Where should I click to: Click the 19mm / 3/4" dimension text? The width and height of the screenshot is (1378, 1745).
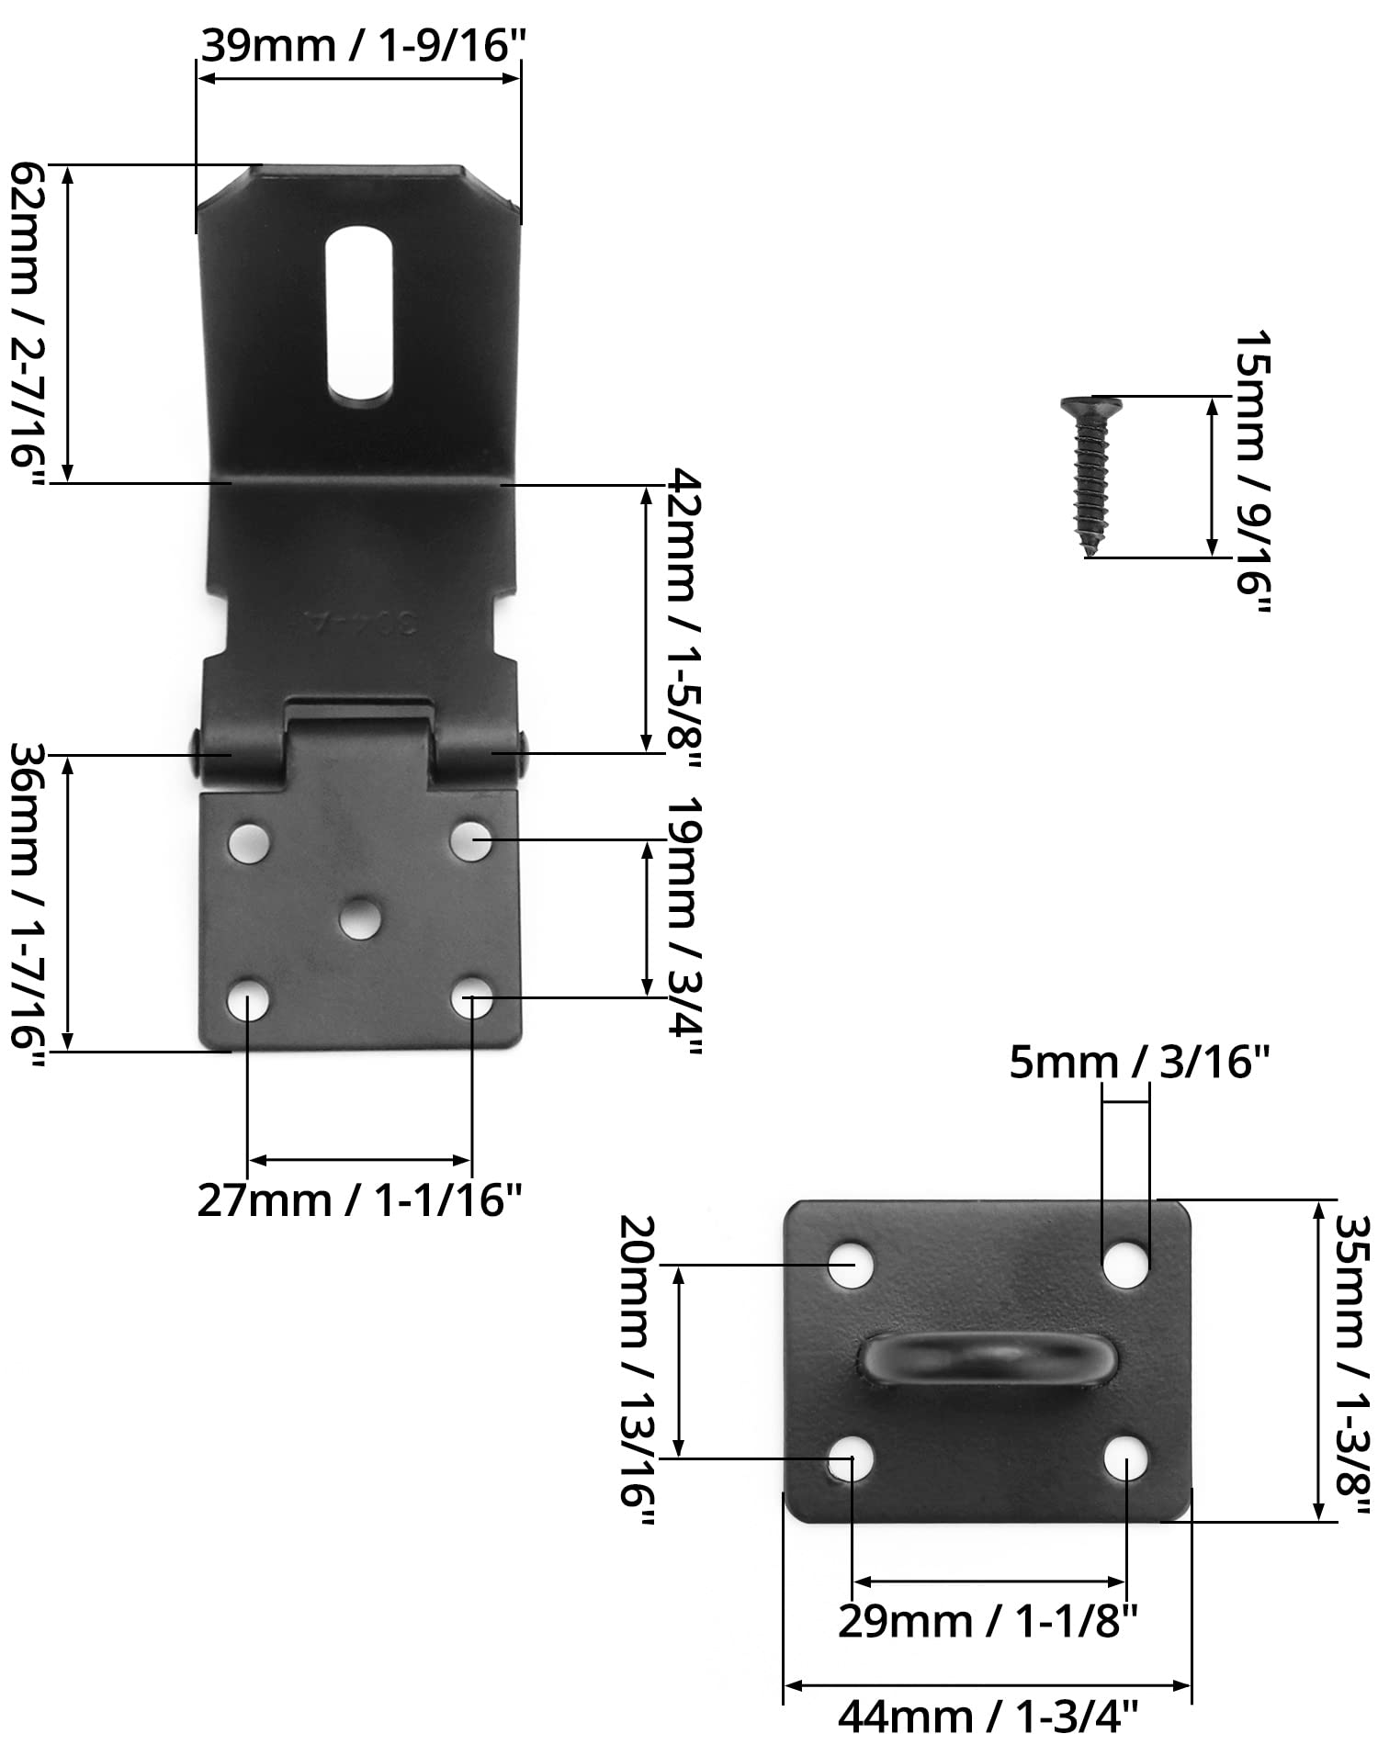[x=684, y=926]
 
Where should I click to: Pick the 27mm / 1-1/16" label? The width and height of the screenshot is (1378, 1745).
[x=360, y=1199]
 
